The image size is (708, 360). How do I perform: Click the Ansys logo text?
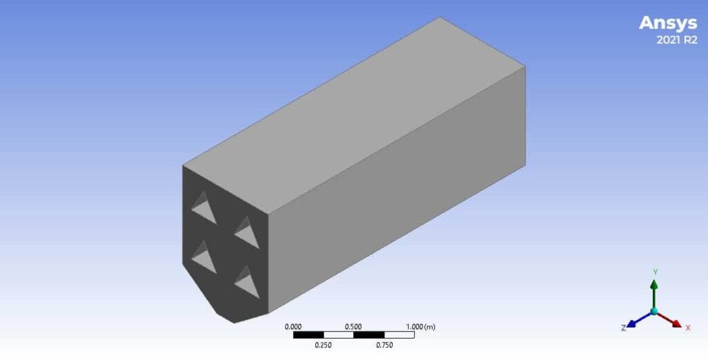[x=667, y=23]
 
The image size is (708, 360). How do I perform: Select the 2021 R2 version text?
[x=676, y=40]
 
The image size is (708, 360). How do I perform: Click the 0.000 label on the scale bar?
[x=294, y=326]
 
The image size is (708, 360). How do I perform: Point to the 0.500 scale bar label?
[x=353, y=326]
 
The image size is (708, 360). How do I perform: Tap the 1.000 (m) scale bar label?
[x=420, y=326]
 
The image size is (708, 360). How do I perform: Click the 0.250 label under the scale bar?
[x=324, y=345]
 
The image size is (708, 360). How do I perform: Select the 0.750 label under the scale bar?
[x=384, y=345]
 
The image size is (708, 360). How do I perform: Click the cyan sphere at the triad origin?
[x=654, y=312]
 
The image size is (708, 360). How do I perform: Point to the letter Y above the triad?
[x=654, y=272]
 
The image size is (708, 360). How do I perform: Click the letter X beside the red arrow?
[x=688, y=328]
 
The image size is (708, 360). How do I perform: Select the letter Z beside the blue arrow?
[x=623, y=328]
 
